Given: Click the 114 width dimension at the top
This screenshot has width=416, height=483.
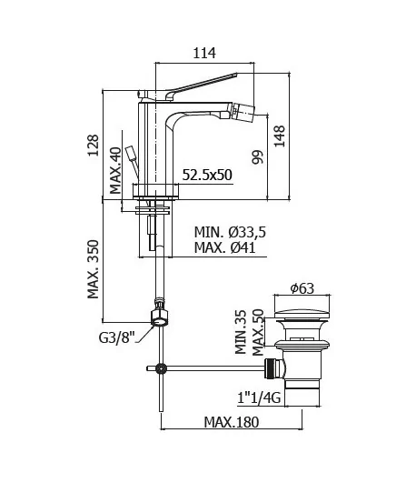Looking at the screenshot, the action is (204, 53).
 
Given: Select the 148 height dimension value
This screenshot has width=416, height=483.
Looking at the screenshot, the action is (280, 136).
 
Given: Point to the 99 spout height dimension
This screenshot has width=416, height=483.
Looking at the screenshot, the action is (258, 156).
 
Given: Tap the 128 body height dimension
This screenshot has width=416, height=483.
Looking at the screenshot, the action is (94, 146).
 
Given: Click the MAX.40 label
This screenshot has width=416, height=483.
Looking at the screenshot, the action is (115, 171).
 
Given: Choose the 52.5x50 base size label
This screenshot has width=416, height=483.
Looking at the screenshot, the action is (207, 175).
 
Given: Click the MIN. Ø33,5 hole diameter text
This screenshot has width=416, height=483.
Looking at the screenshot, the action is (230, 232).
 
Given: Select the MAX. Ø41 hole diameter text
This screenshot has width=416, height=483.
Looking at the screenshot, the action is (225, 247).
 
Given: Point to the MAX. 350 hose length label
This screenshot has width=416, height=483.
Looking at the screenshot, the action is (93, 269).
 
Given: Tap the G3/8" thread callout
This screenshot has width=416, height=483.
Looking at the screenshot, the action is (117, 337).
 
